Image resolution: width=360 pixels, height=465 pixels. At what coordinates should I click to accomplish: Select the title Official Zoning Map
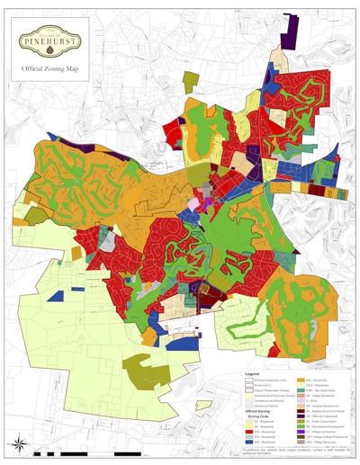point(53,68)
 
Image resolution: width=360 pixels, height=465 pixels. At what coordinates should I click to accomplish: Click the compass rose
point(19,442)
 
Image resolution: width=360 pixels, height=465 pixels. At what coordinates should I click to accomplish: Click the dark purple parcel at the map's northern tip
point(290,34)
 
